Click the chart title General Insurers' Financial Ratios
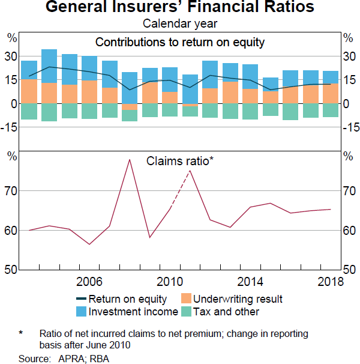point(180,8)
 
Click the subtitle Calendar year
point(180,24)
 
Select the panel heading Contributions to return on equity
point(180,42)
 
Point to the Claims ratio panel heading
point(180,161)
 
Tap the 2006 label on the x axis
point(89,282)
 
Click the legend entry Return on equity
point(124,299)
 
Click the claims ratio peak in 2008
point(130,160)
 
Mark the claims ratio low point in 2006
point(89,244)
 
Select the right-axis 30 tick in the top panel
point(350,56)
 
